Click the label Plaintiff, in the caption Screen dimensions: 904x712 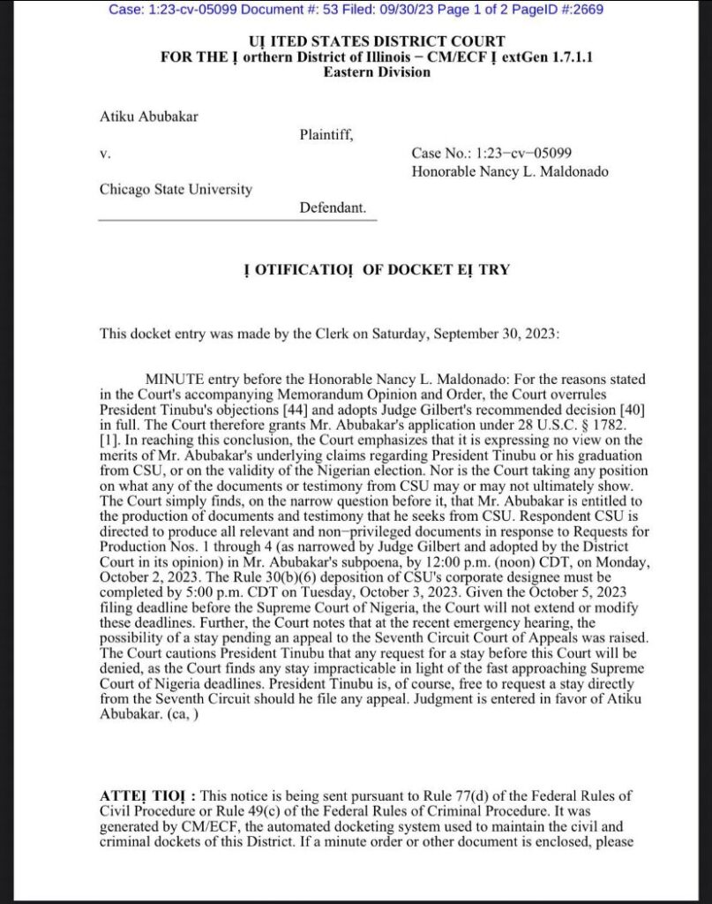point(326,134)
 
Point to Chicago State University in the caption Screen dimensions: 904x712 point(176,189)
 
